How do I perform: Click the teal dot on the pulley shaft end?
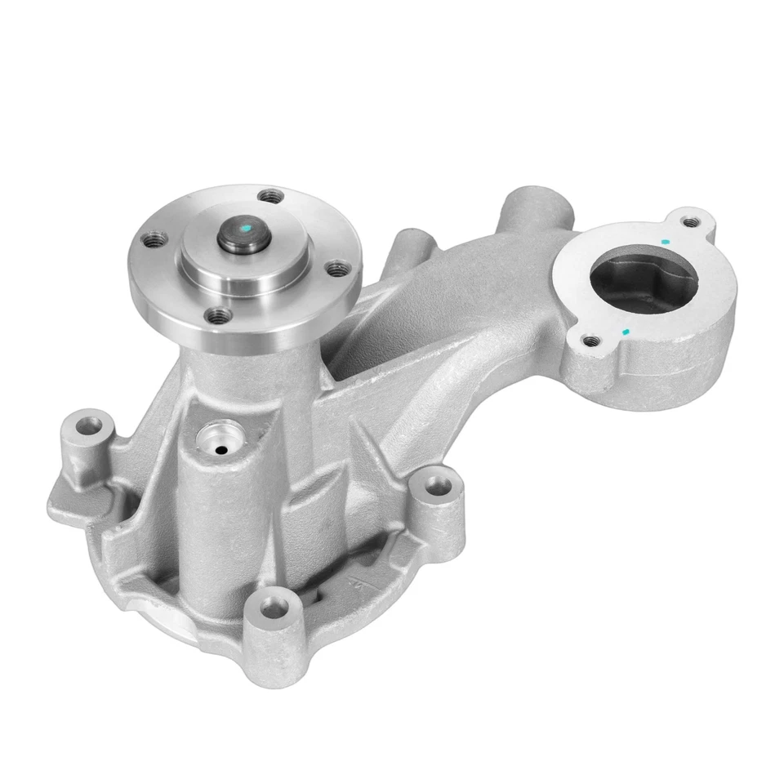[245, 222]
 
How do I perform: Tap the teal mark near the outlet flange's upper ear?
[666, 243]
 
